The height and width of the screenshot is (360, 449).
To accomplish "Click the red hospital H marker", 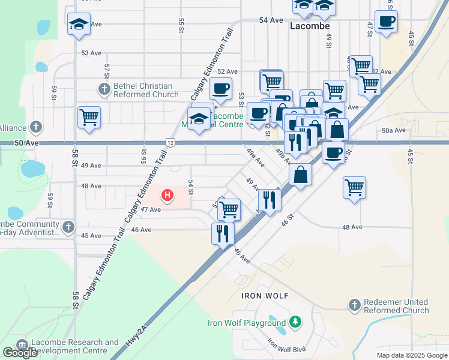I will click(x=168, y=195).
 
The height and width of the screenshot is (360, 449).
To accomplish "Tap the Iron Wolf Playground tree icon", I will click(x=295, y=323).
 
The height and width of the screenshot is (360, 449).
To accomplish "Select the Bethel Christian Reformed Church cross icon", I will click(x=104, y=90).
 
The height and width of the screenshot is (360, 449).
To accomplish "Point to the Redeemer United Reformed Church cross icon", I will click(x=354, y=306).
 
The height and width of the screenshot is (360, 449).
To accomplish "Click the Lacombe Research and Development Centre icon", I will click(x=23, y=346).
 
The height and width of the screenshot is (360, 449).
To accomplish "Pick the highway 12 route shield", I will click(x=171, y=142).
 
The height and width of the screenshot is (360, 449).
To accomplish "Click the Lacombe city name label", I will click(x=310, y=26).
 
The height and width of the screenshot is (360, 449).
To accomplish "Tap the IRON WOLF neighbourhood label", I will click(x=265, y=296).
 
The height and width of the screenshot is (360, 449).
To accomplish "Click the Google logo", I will click(x=20, y=353).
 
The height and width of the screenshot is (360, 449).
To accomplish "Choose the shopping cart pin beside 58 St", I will click(x=89, y=116).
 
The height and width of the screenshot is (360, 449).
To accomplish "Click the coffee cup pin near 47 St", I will click(x=386, y=22).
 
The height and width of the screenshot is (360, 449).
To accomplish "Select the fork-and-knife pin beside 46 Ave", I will click(x=223, y=233).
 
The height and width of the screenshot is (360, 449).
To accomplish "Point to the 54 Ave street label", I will click(x=271, y=20).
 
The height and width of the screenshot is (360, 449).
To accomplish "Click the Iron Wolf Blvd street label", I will click(x=288, y=345).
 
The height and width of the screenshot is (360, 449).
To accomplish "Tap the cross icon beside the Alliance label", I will click(x=37, y=127).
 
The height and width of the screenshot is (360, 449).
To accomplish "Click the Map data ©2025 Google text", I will click(x=412, y=355).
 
